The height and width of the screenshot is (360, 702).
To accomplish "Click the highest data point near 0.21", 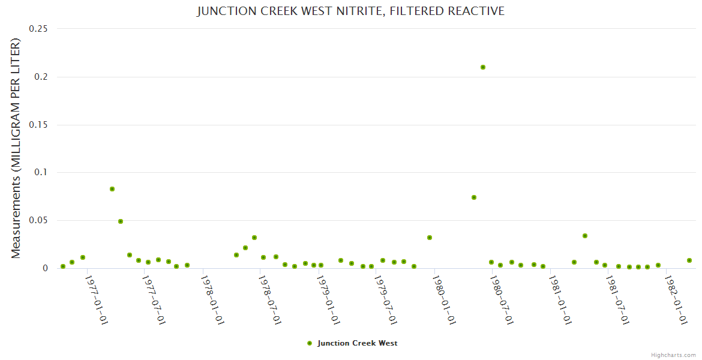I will click(483, 67).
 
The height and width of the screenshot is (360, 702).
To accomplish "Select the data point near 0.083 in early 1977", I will click(112, 189).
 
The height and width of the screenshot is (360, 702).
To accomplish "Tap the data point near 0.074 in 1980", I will click(474, 197).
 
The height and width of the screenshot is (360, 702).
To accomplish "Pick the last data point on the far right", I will click(689, 260).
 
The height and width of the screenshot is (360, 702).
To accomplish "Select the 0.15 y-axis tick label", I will click(38, 125).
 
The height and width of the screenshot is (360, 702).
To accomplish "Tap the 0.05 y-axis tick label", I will click(38, 221).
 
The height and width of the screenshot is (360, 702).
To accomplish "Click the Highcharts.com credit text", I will click(673, 355).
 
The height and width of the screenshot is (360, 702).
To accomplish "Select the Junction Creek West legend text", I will click(357, 343).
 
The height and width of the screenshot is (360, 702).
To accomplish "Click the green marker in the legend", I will click(310, 343).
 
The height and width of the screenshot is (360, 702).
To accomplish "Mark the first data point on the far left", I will click(63, 266).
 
